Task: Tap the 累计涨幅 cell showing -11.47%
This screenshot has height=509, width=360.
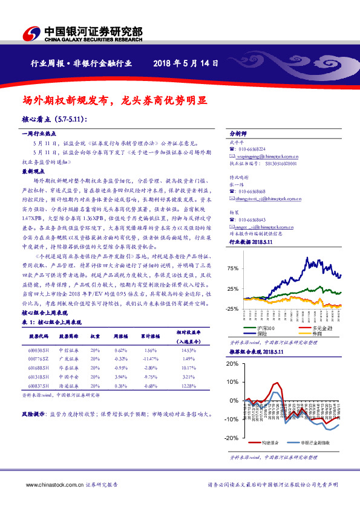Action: pos(151,359)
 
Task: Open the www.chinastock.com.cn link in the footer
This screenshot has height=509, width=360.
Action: pos(50,484)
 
